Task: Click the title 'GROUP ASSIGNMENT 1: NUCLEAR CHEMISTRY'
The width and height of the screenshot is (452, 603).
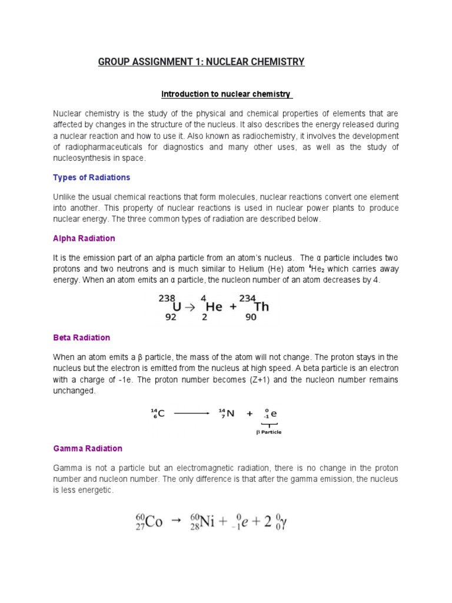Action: pyautogui.click(x=201, y=61)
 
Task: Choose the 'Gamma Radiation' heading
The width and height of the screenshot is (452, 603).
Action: pyautogui.click(x=88, y=448)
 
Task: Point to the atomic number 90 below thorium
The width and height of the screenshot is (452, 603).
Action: pyautogui.click(x=251, y=316)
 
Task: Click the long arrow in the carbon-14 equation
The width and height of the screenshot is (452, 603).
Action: pyautogui.click(x=191, y=413)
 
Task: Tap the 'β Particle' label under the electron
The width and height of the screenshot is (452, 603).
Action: pyautogui.click(x=268, y=432)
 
